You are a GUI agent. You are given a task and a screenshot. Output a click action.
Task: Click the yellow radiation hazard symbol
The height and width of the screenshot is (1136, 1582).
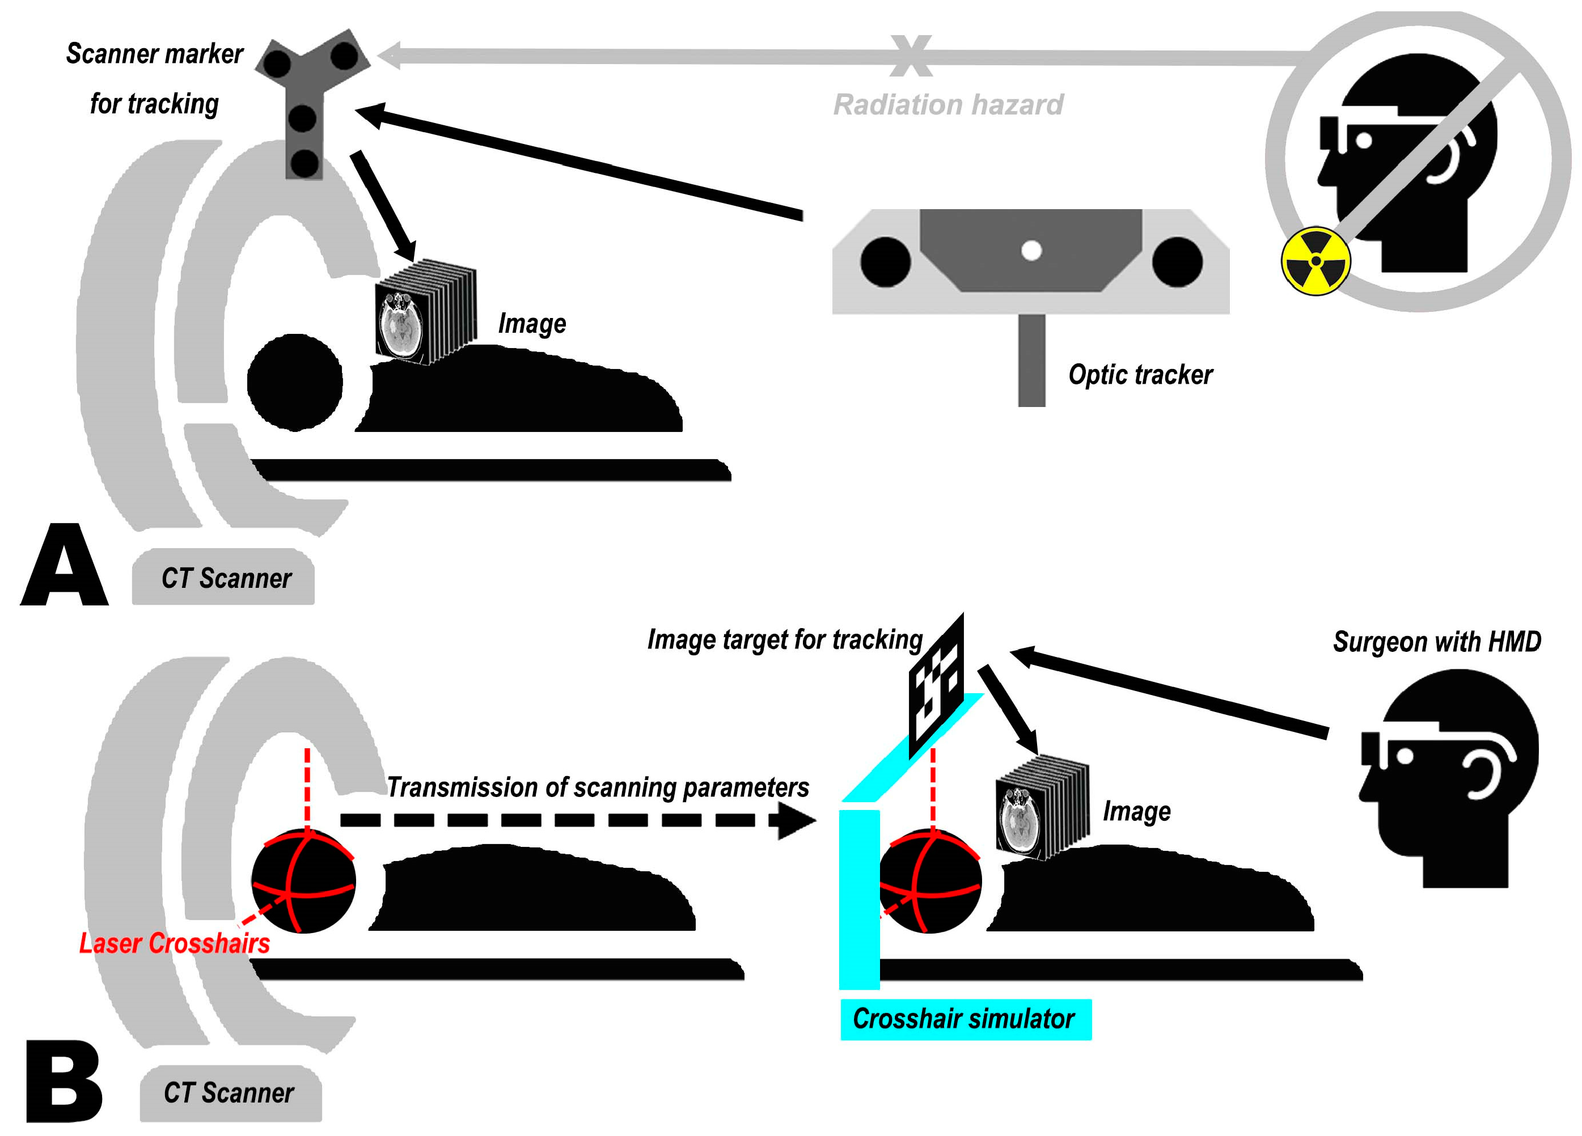pos(1315,261)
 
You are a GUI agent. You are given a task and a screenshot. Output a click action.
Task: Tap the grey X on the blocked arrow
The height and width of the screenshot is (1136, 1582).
pos(911,56)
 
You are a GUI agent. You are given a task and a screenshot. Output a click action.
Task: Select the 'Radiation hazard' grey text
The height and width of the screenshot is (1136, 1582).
pos(948,105)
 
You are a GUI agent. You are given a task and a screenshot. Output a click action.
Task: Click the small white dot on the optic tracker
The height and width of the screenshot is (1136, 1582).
pos(1031,251)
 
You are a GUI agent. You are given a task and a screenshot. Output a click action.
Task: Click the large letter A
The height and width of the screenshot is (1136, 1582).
pos(64,566)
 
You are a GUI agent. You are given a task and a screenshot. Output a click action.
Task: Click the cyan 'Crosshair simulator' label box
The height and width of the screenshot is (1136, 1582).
pos(966,1019)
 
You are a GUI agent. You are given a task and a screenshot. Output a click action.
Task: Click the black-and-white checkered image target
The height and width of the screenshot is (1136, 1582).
pos(936,687)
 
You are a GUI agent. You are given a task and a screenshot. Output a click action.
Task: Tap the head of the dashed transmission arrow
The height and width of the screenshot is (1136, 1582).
pos(795,821)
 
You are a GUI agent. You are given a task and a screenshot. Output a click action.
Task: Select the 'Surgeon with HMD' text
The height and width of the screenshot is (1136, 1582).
pos(1436,642)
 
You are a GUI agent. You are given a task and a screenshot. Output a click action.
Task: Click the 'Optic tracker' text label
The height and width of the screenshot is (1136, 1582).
pos(1140,375)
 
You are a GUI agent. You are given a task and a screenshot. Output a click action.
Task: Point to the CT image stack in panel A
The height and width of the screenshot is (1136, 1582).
pos(425,311)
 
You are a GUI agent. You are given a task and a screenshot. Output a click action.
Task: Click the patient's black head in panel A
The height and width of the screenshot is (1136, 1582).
pos(295,382)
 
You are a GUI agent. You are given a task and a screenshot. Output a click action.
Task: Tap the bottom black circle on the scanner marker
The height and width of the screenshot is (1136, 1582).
pos(304,163)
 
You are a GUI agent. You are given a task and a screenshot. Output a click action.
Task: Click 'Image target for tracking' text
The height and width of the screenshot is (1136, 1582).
pos(784,639)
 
